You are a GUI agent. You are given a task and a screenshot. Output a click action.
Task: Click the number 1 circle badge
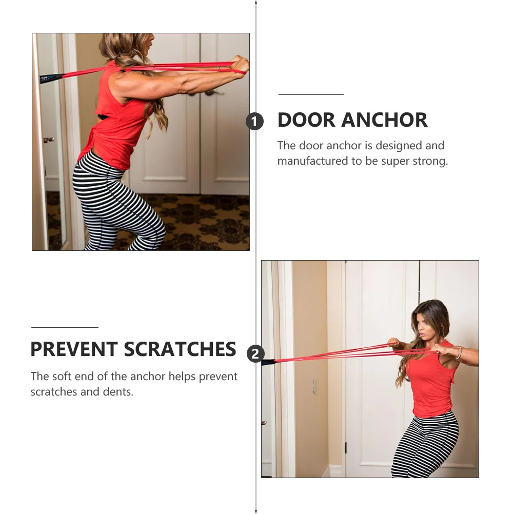(255, 122)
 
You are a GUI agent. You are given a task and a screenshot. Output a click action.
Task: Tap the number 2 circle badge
(255, 353)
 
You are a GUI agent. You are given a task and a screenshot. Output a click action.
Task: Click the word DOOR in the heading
(306, 120)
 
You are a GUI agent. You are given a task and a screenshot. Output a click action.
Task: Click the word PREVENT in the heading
(74, 349)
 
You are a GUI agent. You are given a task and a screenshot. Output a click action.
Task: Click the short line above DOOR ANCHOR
(311, 95)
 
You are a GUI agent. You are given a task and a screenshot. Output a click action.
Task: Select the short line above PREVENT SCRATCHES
(65, 327)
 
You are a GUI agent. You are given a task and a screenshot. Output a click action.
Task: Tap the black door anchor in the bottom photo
(268, 362)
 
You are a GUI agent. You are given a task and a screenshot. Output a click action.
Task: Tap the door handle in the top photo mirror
(48, 140)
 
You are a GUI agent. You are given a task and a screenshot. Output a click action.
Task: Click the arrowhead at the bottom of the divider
(256, 510)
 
